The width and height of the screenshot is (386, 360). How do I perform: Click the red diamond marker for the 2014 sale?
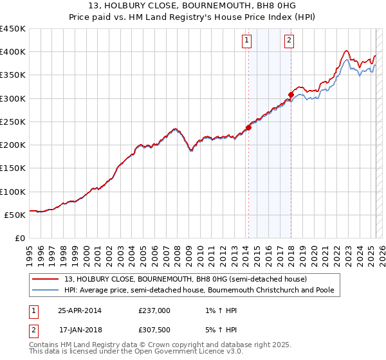(x=248, y=127)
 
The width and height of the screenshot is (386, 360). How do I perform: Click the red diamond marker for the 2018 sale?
(x=291, y=94)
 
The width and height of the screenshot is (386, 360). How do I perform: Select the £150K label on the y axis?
(x=13, y=168)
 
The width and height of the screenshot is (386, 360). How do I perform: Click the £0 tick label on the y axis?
(x=19, y=238)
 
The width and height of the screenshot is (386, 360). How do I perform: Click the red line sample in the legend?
(x=45, y=279)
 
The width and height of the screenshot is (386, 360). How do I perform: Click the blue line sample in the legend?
(x=45, y=290)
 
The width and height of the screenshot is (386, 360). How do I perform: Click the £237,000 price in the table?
(x=154, y=310)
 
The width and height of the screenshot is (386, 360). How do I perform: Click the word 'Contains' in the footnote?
(x=44, y=346)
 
